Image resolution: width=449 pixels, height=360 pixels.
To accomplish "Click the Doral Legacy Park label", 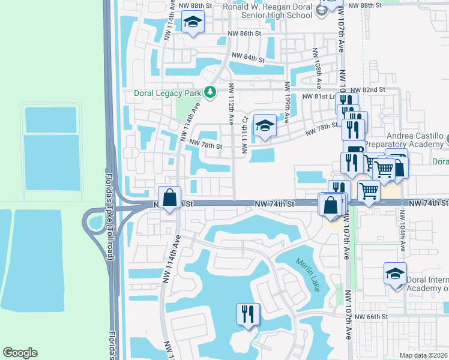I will click(163, 94).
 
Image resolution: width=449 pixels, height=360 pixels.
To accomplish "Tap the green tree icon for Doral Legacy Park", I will click(209, 92).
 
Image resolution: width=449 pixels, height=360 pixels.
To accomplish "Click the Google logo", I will click(20, 353).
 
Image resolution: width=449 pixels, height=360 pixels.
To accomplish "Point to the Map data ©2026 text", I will click(424, 355).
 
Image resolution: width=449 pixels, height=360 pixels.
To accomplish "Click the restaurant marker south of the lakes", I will click(248, 314).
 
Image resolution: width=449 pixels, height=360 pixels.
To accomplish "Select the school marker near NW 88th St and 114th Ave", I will click(193, 23).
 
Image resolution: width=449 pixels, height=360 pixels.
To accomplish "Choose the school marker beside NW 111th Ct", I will click(264, 126).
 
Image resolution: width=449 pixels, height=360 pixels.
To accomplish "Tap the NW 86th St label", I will click(241, 35).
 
